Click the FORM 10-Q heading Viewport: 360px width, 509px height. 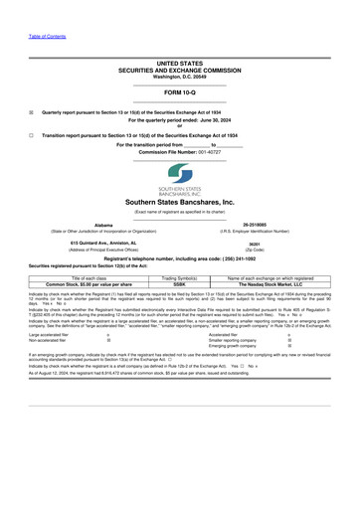pyautogui.click(x=179, y=91)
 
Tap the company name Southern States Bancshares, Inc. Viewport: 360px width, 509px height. pyautogui.click(x=180, y=202)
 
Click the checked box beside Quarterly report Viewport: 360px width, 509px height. pyautogui.click(x=32, y=112)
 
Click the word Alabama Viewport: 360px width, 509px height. pyautogui.click(x=103, y=225)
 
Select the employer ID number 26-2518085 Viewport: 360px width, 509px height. pyautogui.click(x=257, y=225)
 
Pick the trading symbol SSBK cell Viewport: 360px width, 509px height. pyautogui.click(x=179, y=283)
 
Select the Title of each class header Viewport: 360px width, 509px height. pyautogui.click(x=90, y=276)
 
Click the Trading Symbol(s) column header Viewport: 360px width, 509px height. pyautogui.click(x=179, y=276)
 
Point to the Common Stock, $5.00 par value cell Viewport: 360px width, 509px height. pyautogui.click(x=90, y=283)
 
